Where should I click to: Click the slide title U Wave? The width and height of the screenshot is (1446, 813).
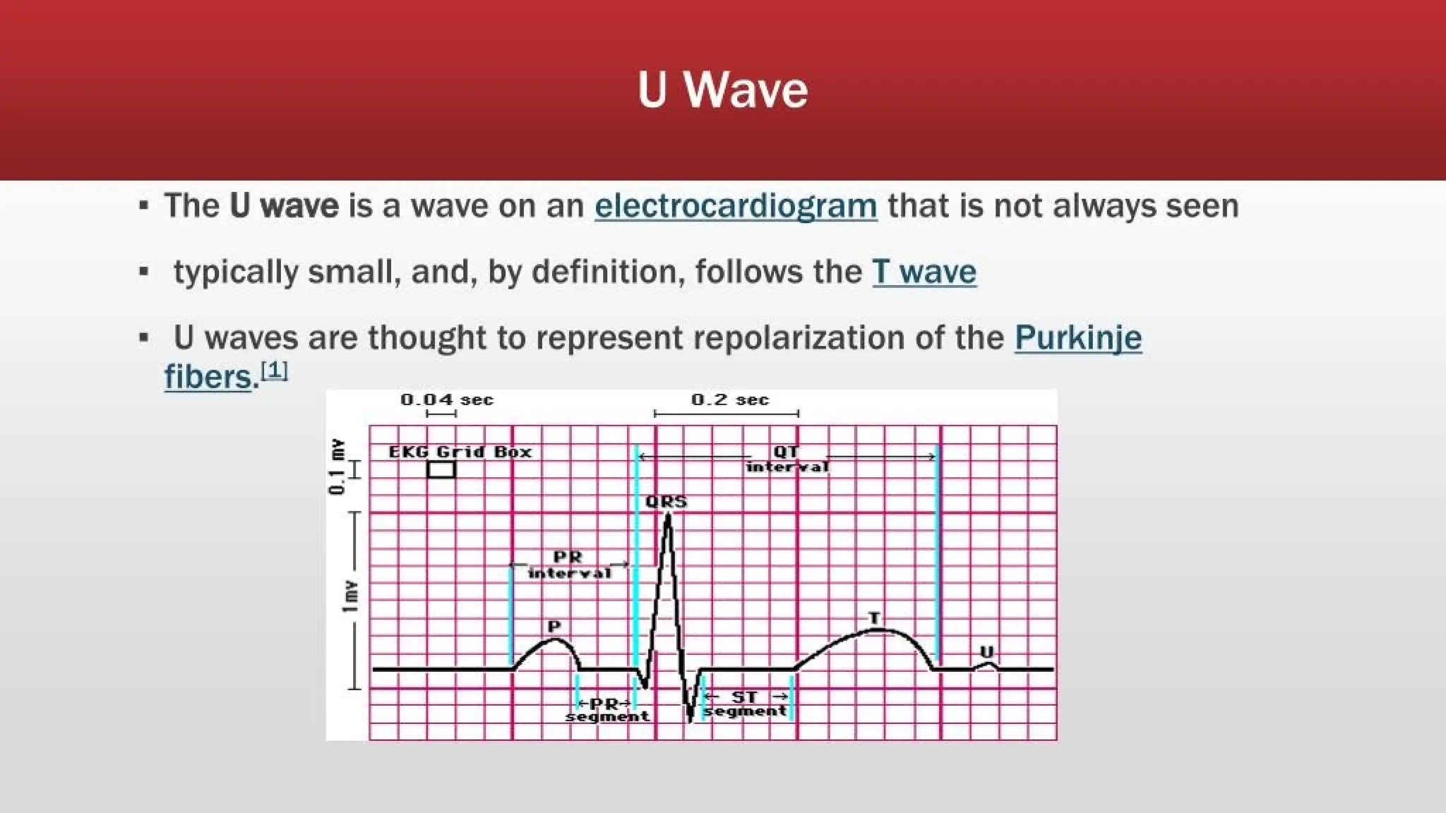(x=722, y=90)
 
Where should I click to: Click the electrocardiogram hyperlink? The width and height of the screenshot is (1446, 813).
(x=736, y=206)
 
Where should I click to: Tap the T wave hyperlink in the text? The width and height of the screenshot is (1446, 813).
(x=924, y=272)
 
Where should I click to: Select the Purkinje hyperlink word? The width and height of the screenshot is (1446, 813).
(x=1077, y=337)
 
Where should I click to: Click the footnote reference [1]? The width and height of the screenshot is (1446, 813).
(x=274, y=370)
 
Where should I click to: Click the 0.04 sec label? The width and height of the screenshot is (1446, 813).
(x=446, y=400)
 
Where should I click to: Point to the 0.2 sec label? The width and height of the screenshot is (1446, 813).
(x=729, y=400)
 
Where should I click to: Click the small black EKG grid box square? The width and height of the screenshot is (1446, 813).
(x=441, y=470)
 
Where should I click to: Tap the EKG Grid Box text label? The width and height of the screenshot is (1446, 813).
(x=460, y=452)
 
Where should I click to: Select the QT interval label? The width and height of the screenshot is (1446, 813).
(x=787, y=459)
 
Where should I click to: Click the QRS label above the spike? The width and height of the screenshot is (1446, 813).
(x=666, y=502)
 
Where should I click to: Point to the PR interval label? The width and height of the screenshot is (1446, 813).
(x=568, y=565)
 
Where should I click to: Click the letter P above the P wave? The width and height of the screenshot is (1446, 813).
(x=554, y=626)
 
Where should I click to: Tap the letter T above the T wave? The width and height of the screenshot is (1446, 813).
(x=874, y=618)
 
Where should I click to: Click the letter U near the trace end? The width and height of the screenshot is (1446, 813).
(x=987, y=651)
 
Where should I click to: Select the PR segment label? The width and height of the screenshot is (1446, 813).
(x=607, y=710)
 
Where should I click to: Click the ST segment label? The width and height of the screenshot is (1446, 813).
(x=746, y=704)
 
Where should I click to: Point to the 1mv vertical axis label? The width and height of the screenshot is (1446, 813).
(x=349, y=597)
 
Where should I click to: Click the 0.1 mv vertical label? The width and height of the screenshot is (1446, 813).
(x=338, y=466)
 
